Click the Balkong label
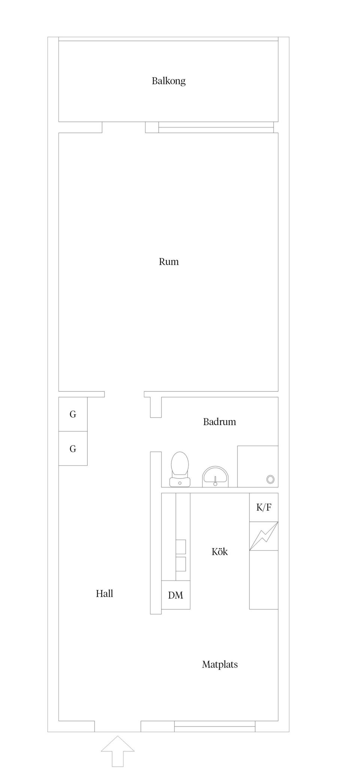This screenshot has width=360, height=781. coord(168,81)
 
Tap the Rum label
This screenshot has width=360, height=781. coord(169,262)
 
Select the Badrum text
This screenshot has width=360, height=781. coord(219,422)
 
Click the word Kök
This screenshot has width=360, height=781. coord(219,552)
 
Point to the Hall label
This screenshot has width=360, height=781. coord(104,594)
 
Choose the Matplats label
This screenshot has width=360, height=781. coord(220,665)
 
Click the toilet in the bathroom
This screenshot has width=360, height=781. coord(180,469)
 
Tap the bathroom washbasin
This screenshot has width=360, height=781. coord(215,477)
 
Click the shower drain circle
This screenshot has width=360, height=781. coord(270,479)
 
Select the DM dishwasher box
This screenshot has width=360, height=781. coord(175,595)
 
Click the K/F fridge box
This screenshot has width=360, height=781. coord(264,507)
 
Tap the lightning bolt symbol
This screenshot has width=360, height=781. coord(264,536)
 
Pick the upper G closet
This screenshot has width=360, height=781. coord(73,414)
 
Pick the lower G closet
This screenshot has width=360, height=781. coord(73,448)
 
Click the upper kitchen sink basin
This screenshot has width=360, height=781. coord(181,547)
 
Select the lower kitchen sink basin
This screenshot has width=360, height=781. coord(181,564)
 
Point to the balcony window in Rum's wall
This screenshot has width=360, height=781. coord(216,127)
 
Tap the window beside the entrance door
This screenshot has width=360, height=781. coord(215,726)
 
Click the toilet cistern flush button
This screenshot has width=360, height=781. coord(180,483)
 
